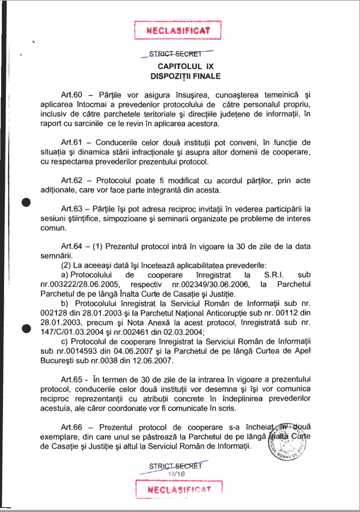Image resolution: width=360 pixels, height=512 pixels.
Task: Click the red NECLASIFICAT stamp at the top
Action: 178,30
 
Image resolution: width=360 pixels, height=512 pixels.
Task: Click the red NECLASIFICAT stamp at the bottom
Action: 179,490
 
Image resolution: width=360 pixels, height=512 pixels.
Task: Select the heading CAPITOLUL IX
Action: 186,66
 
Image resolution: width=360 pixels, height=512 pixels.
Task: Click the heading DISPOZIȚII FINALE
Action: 186,76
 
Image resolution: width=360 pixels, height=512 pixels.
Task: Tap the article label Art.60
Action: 72,95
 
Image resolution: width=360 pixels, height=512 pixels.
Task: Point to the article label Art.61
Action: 72,143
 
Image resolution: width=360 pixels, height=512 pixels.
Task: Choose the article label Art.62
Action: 72,181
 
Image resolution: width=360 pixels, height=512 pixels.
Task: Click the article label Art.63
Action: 72,209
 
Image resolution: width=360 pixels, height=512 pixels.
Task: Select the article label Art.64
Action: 72,246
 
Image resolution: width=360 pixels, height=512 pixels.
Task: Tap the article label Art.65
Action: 72,380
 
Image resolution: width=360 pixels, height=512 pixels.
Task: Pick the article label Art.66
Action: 72,428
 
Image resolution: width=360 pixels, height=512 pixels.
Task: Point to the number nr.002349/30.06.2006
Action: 211,285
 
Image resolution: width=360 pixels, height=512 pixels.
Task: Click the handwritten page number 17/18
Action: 176,474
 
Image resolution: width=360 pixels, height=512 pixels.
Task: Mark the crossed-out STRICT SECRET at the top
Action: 176,54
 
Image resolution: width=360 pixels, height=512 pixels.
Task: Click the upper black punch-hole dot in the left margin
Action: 26,203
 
